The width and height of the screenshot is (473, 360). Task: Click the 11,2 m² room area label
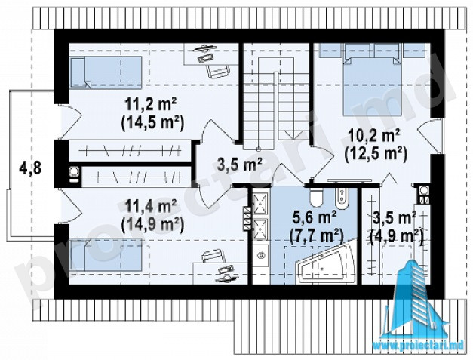click(x=151, y=106)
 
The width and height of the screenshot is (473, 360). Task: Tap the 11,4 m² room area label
click(x=151, y=208)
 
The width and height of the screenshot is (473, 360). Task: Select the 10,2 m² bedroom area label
click(x=374, y=137)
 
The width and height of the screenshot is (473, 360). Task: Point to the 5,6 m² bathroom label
click(x=315, y=218)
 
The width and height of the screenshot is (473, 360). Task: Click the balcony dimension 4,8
click(x=30, y=168)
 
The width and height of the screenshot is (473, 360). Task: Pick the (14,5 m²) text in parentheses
click(x=152, y=124)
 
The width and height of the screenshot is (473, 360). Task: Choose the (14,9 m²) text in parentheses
click(x=152, y=225)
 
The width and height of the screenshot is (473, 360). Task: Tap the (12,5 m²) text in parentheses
click(x=376, y=154)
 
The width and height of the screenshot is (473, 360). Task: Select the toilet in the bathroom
click(x=316, y=197)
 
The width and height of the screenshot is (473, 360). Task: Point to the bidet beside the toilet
click(x=342, y=196)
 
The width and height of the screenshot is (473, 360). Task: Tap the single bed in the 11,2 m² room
click(x=106, y=72)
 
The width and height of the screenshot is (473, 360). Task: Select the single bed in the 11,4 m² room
click(x=106, y=254)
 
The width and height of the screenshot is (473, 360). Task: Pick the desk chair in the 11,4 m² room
click(x=213, y=257)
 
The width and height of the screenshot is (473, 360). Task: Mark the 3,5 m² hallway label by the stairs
click(x=239, y=165)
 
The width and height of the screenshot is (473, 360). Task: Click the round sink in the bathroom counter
click(x=260, y=256)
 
